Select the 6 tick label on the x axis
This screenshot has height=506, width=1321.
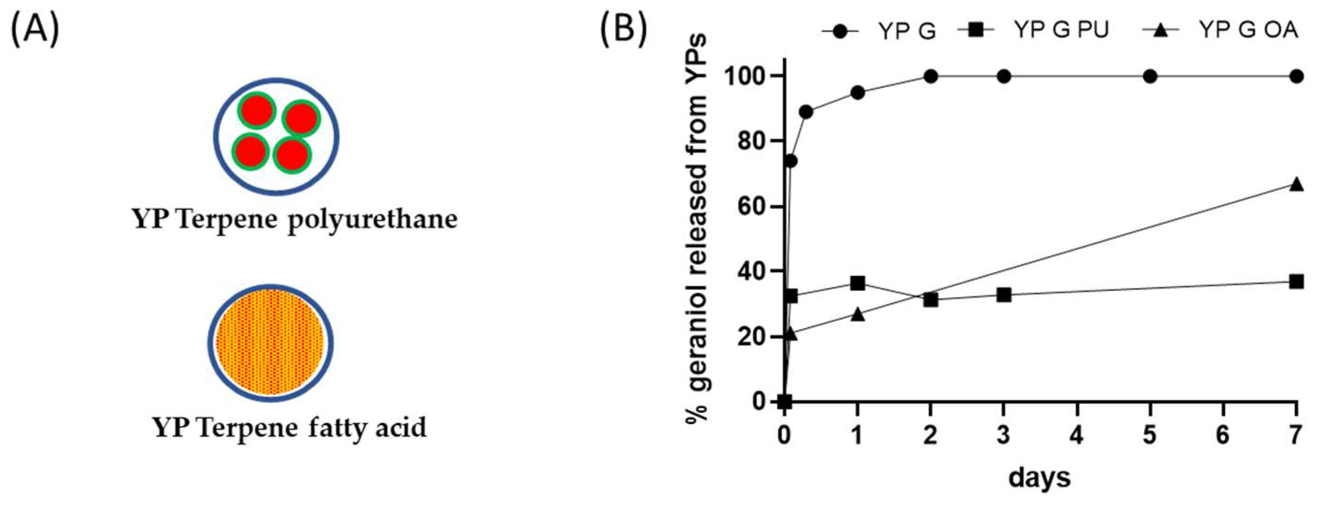(1224, 435)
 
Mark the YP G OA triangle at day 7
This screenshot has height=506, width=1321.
(1296, 184)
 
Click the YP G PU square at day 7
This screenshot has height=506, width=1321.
(1296, 282)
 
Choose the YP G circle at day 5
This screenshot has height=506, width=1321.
(1150, 76)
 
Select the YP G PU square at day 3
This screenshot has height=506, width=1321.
(1004, 295)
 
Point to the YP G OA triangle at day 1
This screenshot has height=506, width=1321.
(857, 315)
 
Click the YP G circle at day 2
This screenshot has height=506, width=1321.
(931, 76)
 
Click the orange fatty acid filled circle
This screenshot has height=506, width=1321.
(270, 343)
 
